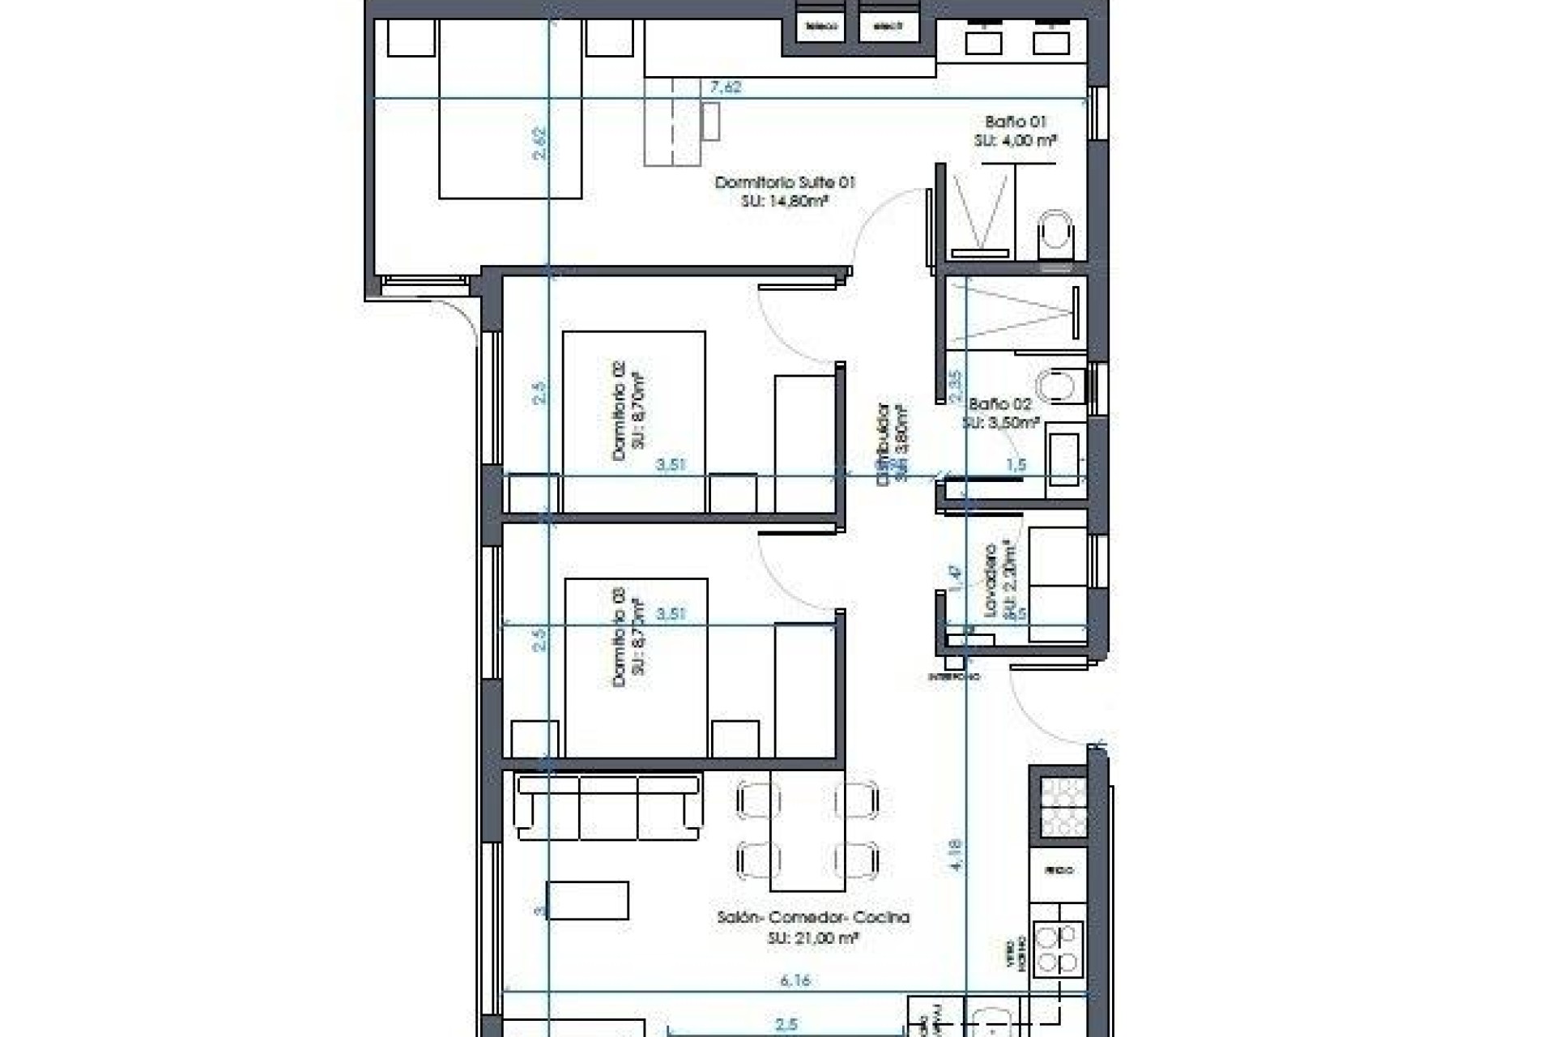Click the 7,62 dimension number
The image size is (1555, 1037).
[725, 87]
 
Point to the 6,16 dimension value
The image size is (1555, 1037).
[795, 980]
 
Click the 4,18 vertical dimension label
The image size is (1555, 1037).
[956, 855]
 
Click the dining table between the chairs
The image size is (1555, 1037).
[807, 830]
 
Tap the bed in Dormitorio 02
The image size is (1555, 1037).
[633, 421]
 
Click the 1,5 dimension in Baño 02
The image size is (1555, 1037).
[1016, 465]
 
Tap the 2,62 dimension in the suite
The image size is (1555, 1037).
[540, 143]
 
